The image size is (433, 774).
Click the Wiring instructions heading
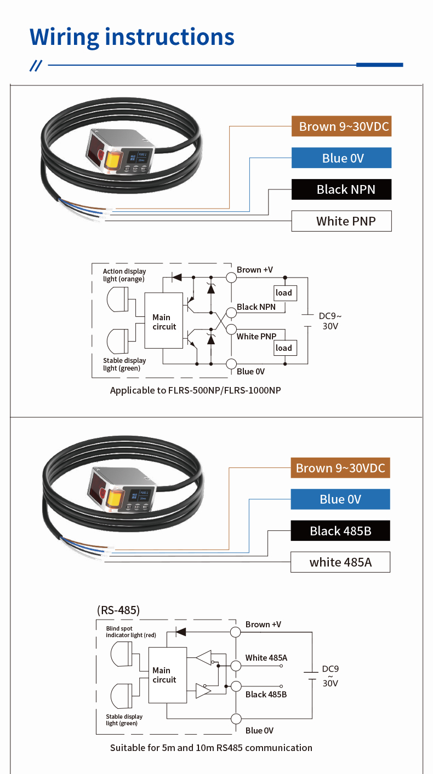[132, 37]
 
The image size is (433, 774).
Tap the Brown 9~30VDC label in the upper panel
[341, 127]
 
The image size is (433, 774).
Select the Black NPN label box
[341, 189]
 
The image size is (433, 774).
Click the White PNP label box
[341, 221]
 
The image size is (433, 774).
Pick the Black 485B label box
[340, 531]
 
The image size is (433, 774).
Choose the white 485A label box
[340, 562]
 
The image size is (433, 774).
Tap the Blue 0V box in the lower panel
[340, 499]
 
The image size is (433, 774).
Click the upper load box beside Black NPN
[284, 293]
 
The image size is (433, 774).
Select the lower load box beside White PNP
[284, 348]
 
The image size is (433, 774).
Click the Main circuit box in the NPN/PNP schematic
[163, 321]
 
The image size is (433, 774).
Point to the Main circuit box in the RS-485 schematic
[167, 674]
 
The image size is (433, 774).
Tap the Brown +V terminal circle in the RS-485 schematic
[236, 632]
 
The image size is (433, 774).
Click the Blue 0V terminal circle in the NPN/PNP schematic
[231, 363]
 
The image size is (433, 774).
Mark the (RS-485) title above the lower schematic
[118, 610]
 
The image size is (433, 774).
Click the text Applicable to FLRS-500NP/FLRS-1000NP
[196, 390]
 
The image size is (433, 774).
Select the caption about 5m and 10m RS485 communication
[211, 748]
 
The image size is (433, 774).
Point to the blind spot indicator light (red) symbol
[121, 654]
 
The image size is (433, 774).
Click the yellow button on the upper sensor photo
[113, 160]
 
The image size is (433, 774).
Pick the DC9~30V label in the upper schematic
[330, 321]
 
